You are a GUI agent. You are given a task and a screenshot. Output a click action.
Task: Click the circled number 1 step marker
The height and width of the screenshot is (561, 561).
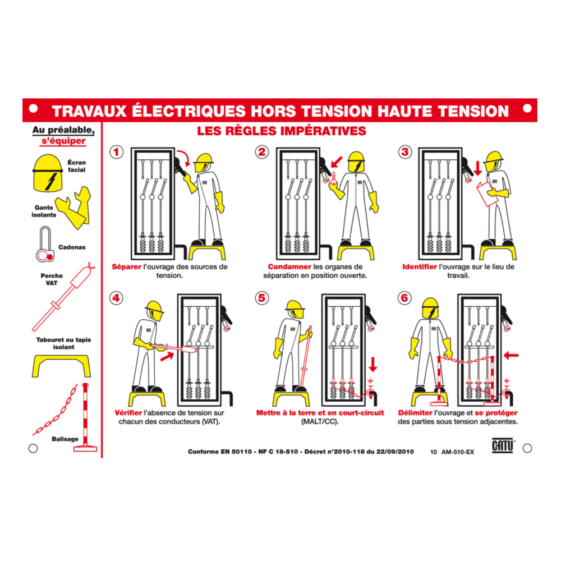[x=116, y=152]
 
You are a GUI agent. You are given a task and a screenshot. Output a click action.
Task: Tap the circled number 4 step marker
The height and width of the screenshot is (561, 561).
[x=116, y=298]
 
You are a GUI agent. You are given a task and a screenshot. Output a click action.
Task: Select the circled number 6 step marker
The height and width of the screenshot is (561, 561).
[x=404, y=298]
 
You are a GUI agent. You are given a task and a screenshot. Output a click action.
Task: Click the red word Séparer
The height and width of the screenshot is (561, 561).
[x=126, y=267]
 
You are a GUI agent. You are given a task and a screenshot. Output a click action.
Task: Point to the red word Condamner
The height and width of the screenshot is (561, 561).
[x=290, y=267]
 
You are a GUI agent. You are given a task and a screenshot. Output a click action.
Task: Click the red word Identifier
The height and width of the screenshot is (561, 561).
[x=420, y=267]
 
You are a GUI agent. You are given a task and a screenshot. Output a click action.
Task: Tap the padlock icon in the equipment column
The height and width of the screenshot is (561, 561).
[x=45, y=245]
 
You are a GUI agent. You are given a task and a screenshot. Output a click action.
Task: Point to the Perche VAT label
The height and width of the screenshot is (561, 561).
[x=52, y=279]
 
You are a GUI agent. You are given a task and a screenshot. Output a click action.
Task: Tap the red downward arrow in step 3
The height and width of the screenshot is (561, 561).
[x=478, y=167]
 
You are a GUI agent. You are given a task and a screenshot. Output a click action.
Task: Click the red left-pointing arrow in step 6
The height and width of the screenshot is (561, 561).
[x=511, y=355]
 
